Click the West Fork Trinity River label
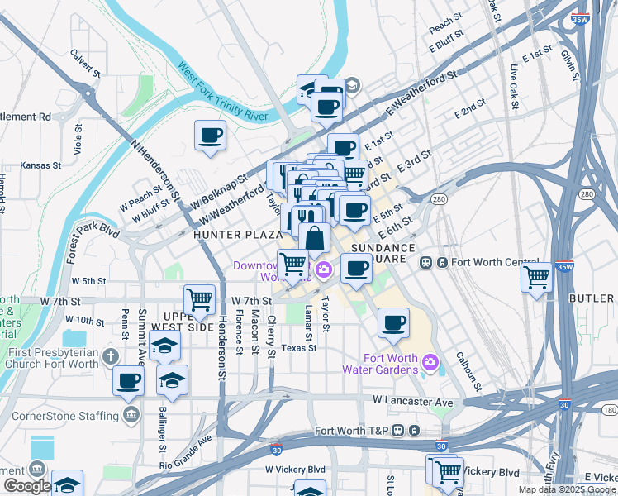tap(222, 91)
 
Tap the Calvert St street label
tap(85, 64)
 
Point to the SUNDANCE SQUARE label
tap(383, 254)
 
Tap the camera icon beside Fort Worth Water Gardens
tap(430, 362)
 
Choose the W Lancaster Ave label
tap(412, 401)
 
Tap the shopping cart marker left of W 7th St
tap(199, 299)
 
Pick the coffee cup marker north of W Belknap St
tap(210, 135)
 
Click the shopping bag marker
tap(315, 238)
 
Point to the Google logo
tap(26, 486)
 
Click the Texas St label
tap(299, 348)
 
